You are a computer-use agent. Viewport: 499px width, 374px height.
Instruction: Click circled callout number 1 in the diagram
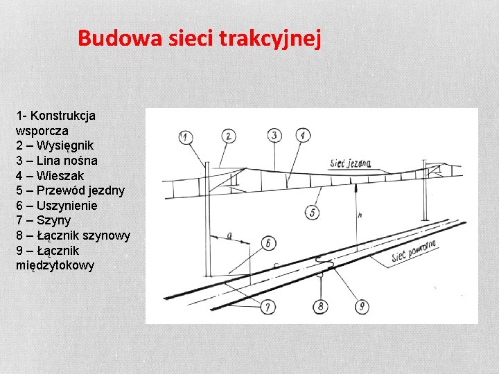pyautogui.click(x=184, y=136)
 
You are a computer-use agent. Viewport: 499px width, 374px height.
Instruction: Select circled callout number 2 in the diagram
pyautogui.click(x=229, y=136)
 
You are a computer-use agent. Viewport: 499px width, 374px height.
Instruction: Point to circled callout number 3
pyautogui.click(x=275, y=135)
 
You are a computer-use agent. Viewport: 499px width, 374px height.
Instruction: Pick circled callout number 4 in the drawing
pyautogui.click(x=303, y=135)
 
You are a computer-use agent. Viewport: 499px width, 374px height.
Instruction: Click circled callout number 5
pyautogui.click(x=312, y=213)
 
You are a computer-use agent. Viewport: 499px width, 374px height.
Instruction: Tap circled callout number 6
pyautogui.click(x=268, y=242)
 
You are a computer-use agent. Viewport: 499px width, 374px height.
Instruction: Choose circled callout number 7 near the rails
pyautogui.click(x=268, y=306)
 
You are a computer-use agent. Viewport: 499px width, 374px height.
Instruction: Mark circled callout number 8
pyautogui.click(x=320, y=306)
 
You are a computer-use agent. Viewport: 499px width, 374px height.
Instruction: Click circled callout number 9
pyautogui.click(x=361, y=306)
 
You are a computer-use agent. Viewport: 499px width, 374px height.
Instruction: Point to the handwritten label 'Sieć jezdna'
pyautogui.click(x=351, y=163)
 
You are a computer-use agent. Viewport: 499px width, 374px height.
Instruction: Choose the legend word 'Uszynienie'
pyautogui.click(x=67, y=206)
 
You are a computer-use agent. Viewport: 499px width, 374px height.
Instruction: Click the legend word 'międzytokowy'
pyautogui.click(x=55, y=265)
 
